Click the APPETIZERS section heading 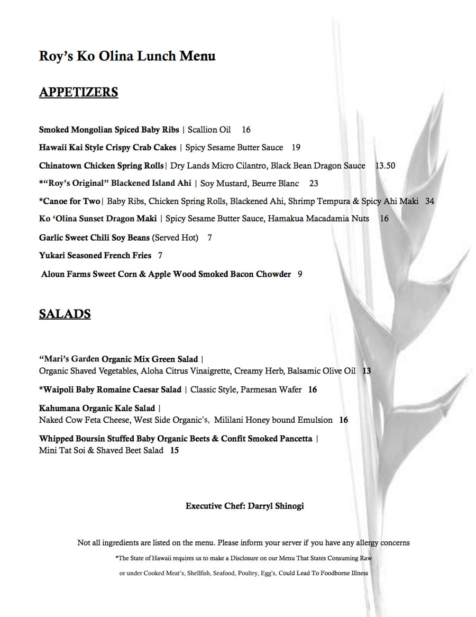(x=78, y=92)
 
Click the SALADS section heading (x=65, y=314)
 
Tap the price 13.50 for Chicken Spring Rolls (x=385, y=166)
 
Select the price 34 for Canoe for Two (x=429, y=201)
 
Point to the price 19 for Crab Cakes (x=296, y=148)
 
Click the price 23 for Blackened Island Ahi (x=314, y=184)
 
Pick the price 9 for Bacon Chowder (x=300, y=274)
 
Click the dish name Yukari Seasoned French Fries (x=95, y=256)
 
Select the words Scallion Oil (x=209, y=130)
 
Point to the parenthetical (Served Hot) (x=175, y=238)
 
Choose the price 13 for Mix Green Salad (x=367, y=371)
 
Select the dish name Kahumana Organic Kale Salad (x=97, y=409)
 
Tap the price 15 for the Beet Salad (x=174, y=450)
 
